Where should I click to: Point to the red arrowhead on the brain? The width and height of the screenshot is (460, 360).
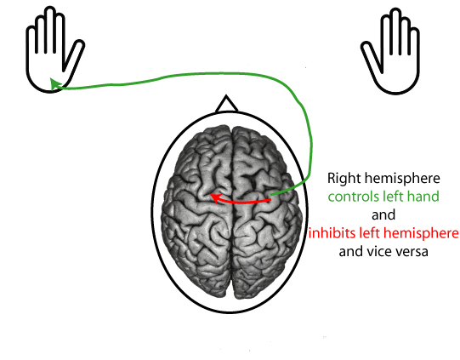(x=214, y=197)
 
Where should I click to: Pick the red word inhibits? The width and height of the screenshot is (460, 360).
(x=334, y=233)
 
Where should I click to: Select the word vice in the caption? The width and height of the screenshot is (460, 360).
(x=388, y=252)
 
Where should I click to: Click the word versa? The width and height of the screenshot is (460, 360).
(x=419, y=252)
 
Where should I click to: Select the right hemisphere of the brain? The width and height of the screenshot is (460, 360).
(x=259, y=221)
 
